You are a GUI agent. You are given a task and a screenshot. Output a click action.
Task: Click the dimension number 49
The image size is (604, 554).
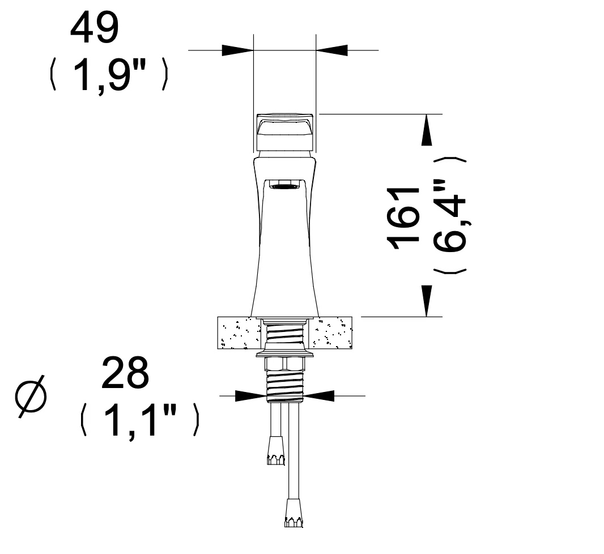point(95,28)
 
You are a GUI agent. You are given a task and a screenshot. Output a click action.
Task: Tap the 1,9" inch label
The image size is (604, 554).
point(109,75)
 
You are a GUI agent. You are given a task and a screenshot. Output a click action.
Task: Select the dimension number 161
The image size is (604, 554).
point(403,218)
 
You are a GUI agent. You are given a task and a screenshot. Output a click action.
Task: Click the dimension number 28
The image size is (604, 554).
point(125,373)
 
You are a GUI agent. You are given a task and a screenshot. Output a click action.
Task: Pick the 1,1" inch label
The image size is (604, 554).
point(140,420)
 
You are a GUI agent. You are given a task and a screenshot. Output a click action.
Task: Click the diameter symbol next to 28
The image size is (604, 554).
point(31,397)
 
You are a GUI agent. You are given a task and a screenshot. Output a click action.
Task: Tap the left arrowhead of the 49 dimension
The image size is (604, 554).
point(237,50)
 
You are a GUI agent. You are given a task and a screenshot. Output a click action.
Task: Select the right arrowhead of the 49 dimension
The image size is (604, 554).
point(331,50)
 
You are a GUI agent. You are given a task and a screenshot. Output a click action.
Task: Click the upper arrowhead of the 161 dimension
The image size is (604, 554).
point(427,130)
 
